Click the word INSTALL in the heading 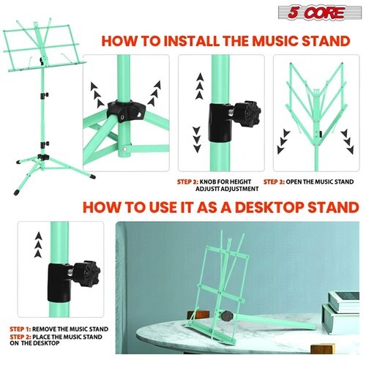point(192,41)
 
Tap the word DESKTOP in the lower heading point(269,207)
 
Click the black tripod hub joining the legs point(127,110)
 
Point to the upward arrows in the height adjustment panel point(200,86)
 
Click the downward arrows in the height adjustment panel point(197,139)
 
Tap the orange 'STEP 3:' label point(274,182)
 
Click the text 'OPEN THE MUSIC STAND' point(320,182)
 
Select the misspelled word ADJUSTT point(209,189)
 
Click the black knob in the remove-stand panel point(87,273)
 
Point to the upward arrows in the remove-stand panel point(38,244)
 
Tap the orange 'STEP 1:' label point(20,329)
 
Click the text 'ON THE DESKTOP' point(34,343)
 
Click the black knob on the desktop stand point(227,316)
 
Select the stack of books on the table point(341,313)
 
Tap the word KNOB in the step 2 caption point(208,182)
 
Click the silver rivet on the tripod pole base point(125,149)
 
